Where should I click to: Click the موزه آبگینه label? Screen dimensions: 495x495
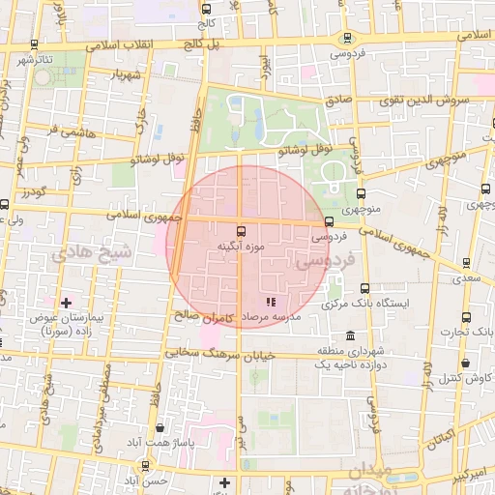coord(241,247)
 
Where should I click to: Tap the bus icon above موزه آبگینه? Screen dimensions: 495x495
coord(241,231)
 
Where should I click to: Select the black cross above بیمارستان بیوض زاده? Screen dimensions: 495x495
coord(66,304)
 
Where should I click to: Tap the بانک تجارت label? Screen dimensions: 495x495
coord(475,332)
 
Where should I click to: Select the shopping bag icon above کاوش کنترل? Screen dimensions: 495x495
coord(466,363)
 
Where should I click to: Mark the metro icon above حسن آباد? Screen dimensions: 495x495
coord(145,465)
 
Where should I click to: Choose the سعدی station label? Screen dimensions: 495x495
coord(469,278)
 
